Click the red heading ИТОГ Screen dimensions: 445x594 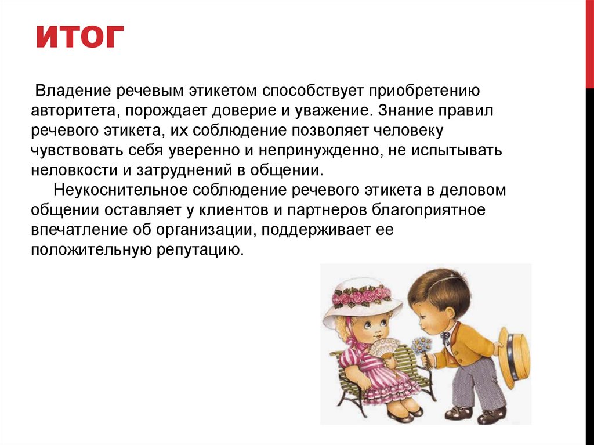coord(80,38)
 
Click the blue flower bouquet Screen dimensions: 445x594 coord(422,346)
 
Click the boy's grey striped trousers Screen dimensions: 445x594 coord(473,383)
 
